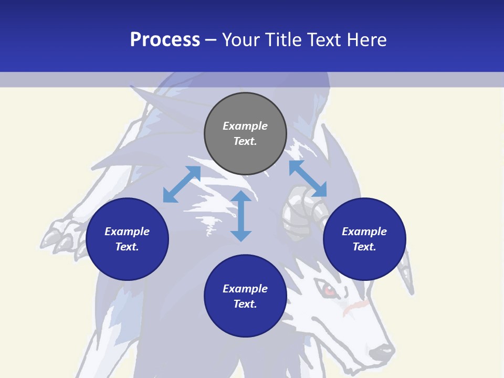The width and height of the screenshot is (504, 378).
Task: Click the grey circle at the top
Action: [245, 134]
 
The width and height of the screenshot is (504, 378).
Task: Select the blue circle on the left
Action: [127, 239]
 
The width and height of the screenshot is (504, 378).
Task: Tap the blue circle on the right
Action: [364, 239]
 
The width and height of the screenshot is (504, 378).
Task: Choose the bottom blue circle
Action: [245, 296]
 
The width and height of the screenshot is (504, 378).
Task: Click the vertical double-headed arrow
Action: [241, 216]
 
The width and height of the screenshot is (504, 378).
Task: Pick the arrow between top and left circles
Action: [182, 184]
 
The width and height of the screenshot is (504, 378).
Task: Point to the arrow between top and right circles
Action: [308, 178]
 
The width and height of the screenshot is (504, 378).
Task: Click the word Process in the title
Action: [165, 39]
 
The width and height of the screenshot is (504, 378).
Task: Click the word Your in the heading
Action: [242, 39]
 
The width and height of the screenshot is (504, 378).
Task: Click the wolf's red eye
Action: [329, 289]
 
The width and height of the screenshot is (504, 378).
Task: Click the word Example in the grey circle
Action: [245, 126]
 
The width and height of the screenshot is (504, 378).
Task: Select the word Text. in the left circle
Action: [127, 247]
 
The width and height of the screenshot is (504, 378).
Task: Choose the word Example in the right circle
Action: [364, 232]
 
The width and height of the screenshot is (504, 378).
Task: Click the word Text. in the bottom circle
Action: [245, 304]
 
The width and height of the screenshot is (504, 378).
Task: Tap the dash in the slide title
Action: [211, 40]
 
